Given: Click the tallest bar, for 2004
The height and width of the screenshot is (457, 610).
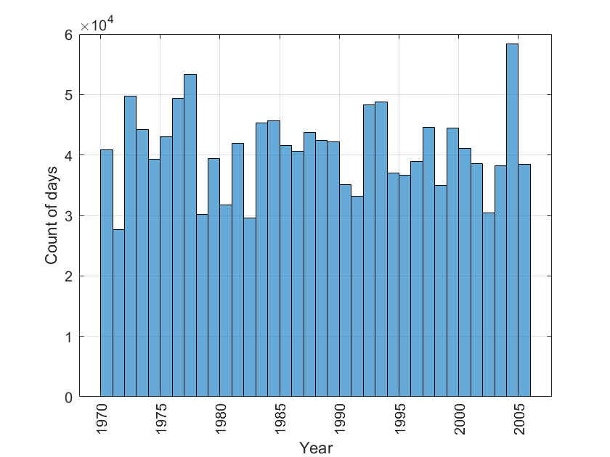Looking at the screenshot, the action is click(512, 220).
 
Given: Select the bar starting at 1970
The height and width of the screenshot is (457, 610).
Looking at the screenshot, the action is click(107, 273).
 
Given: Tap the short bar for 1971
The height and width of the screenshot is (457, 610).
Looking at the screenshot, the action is click(118, 313).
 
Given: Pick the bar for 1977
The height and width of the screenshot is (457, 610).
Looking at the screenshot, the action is click(190, 236).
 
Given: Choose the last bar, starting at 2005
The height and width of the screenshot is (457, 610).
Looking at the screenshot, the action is click(524, 280).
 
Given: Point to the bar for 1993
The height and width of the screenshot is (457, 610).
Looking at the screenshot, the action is click(381, 249).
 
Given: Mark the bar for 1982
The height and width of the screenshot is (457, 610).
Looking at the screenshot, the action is click(250, 307).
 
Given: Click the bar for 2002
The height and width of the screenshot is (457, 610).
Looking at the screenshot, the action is click(489, 305).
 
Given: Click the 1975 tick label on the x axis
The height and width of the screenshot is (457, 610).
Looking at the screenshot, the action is click(160, 419).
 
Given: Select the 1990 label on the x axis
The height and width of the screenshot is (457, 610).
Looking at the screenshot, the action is click(340, 419).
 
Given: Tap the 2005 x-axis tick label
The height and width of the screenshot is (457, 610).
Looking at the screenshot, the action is click(519, 419).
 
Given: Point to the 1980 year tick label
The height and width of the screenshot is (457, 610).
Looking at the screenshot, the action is click(220, 419).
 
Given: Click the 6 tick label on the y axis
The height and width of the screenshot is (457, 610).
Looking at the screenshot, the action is click(69, 35).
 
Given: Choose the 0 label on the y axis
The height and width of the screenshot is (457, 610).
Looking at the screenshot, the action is click(69, 398).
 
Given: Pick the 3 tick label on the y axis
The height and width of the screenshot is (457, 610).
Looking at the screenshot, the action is click(69, 216).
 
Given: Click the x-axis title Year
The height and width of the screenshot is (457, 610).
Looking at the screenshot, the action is click(316, 448).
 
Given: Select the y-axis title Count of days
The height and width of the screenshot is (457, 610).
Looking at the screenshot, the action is click(52, 215).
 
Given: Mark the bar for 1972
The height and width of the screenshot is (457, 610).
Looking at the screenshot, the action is click(130, 247).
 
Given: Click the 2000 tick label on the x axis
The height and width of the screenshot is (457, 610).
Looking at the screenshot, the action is click(459, 419).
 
